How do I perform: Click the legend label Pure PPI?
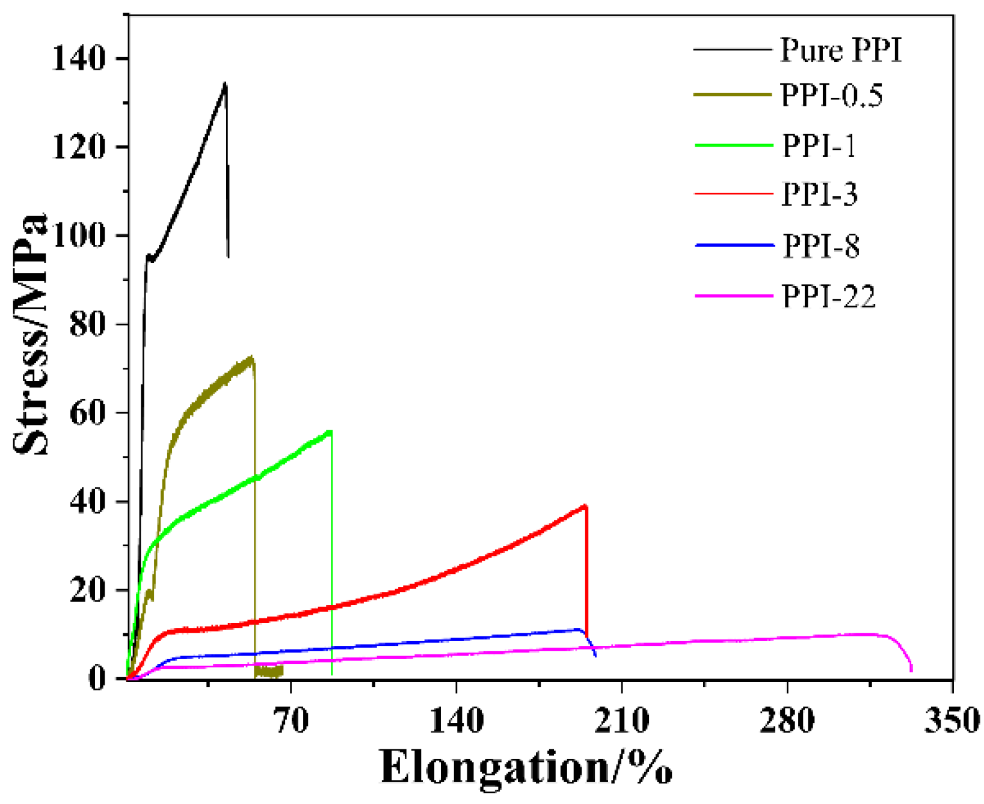(841, 49)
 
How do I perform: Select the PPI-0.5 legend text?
(831, 96)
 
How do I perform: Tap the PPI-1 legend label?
(819, 146)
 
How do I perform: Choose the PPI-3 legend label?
(819, 195)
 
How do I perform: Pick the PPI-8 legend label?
(820, 246)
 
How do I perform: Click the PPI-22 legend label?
(828, 296)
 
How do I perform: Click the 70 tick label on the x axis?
(292, 719)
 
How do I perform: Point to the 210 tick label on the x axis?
(622, 719)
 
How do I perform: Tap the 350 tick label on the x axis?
(952, 719)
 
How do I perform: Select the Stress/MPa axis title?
(30, 333)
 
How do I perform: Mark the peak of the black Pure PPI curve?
(225, 84)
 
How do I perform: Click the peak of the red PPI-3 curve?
(584, 506)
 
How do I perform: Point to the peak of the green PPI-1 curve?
(329, 431)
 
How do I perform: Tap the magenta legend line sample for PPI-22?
(733, 296)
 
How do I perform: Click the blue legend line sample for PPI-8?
(733, 245)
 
